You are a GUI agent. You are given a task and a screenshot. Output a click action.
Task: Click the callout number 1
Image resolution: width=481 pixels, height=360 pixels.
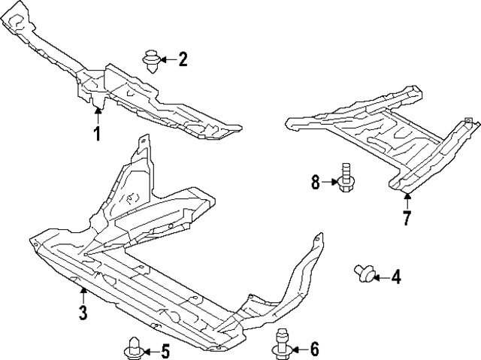click(97, 134)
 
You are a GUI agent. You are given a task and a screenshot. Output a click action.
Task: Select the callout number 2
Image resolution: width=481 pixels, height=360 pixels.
click(183, 59)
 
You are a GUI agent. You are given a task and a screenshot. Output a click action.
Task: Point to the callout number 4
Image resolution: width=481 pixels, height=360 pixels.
click(395, 277)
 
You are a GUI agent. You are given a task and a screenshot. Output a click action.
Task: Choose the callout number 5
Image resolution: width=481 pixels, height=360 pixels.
click(165, 350)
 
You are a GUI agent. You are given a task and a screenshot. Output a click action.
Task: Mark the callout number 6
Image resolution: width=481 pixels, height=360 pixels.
click(314, 349)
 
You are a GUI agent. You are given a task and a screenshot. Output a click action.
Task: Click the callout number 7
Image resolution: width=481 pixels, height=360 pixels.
click(406, 219)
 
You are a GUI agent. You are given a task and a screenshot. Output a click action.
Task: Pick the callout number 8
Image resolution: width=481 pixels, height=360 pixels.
click(316, 180)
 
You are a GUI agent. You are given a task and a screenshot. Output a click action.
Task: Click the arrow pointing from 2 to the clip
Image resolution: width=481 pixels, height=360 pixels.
click(167, 59)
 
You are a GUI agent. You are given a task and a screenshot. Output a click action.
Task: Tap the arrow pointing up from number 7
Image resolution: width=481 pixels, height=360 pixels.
click(406, 201)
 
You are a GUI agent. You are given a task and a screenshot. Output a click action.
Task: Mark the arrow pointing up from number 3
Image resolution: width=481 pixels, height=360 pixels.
click(83, 295)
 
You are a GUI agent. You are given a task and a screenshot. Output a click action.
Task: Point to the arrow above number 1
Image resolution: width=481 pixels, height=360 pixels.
click(97, 116)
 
